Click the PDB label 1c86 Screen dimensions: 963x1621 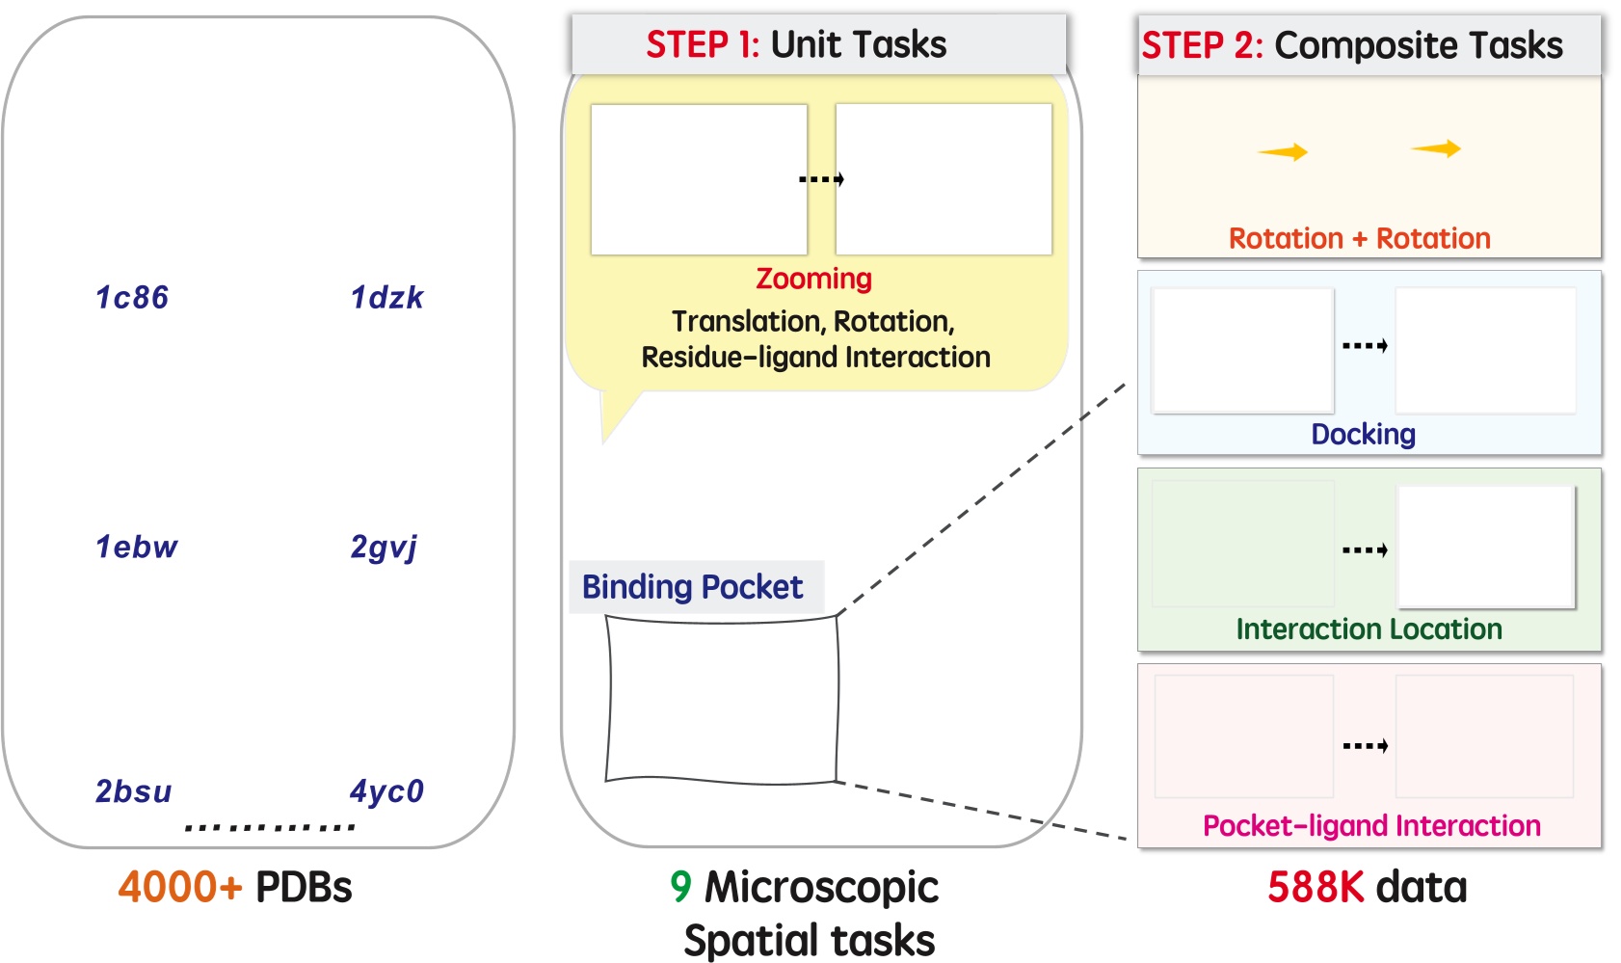click(132, 298)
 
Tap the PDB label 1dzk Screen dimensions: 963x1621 click(386, 298)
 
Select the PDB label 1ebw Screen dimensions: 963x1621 click(136, 548)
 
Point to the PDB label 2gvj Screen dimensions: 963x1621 click(384, 548)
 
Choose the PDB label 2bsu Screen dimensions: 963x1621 click(133, 791)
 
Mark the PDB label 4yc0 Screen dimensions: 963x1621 click(386, 791)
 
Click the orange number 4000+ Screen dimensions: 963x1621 click(180, 887)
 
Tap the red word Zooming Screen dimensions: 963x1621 click(813, 279)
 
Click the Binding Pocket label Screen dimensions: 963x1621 click(692, 587)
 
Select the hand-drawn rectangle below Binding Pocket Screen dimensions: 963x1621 click(722, 700)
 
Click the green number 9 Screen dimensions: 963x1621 click(680, 887)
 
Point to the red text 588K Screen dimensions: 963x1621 click(1314, 887)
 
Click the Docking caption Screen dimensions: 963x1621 click(1363, 434)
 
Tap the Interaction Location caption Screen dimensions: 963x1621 click(1369, 629)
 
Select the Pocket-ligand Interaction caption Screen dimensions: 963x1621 click(1371, 826)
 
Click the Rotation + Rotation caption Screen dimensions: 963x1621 click(1359, 238)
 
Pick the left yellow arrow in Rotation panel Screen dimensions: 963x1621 click(1283, 152)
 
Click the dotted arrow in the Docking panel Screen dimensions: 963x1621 click(1365, 346)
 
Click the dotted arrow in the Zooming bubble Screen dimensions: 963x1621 click(821, 179)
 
